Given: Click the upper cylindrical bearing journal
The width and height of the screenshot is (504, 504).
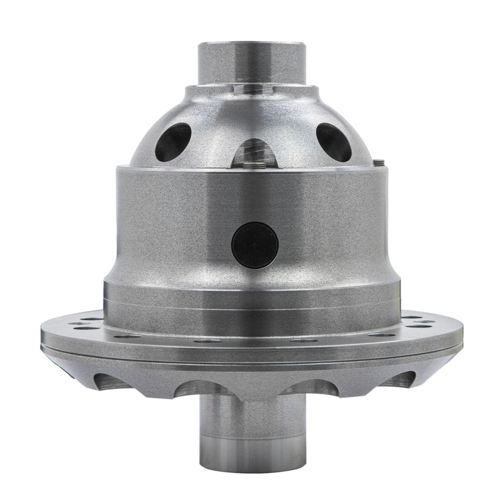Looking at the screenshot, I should coord(252,63).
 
